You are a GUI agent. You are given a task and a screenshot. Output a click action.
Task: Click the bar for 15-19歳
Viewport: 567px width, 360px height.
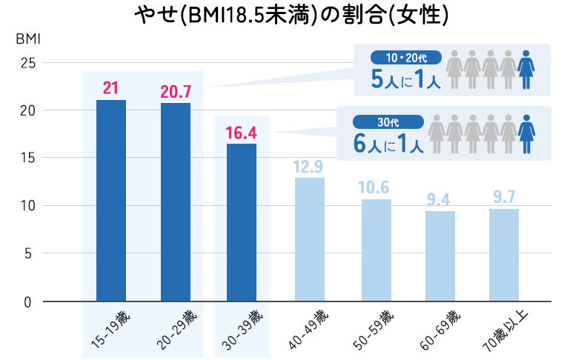(x=110, y=200)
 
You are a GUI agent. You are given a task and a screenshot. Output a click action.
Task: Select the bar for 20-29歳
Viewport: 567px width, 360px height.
(x=176, y=201)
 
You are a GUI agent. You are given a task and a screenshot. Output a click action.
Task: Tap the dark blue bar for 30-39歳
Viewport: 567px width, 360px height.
(x=242, y=222)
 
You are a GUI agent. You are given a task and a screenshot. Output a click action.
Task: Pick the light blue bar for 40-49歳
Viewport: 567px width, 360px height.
(x=310, y=239)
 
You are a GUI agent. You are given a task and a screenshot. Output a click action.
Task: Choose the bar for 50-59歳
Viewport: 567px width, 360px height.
(x=376, y=250)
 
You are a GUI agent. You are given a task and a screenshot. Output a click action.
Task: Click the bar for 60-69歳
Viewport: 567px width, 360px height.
(x=440, y=256)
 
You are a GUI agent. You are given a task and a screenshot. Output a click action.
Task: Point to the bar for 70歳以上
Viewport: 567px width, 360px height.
(x=504, y=255)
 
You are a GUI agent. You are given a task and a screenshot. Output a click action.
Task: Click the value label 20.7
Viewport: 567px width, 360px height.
(x=176, y=93)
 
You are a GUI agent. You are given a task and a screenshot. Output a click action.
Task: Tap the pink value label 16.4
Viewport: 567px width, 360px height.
(x=242, y=133)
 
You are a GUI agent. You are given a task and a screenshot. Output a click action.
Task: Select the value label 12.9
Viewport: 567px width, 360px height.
(x=310, y=167)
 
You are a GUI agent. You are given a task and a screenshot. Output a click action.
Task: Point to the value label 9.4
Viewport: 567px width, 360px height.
(x=440, y=200)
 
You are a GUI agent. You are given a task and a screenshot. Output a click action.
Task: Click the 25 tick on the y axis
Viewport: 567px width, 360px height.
(x=27, y=63)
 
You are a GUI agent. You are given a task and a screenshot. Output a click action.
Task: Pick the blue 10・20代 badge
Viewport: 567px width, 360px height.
(x=406, y=56)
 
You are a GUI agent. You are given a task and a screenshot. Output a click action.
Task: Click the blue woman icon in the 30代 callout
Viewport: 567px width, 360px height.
(x=526, y=133)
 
